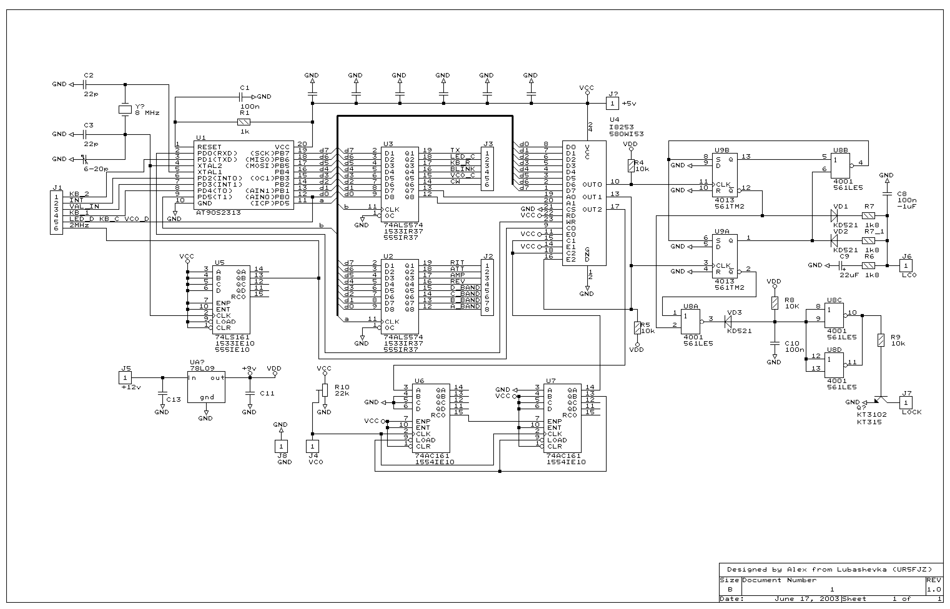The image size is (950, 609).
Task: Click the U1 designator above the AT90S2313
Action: pos(201,138)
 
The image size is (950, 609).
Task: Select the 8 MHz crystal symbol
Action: pos(125,110)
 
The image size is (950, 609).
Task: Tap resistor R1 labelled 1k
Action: pos(244,122)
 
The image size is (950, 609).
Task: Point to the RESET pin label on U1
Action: pos(209,147)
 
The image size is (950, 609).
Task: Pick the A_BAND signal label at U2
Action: pos(465,306)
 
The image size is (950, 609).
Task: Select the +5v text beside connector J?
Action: pos(629,104)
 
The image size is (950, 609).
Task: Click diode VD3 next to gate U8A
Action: pos(728,322)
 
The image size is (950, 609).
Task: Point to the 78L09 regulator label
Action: pos(202,368)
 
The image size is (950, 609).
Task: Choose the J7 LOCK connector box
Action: pos(906,403)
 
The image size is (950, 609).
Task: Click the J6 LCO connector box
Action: pos(906,265)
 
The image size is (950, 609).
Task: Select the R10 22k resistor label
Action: pos(342,390)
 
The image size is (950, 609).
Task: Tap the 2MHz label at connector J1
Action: pos(79,225)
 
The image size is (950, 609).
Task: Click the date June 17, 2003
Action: pos(807,599)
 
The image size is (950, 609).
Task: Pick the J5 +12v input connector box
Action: pos(125,378)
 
